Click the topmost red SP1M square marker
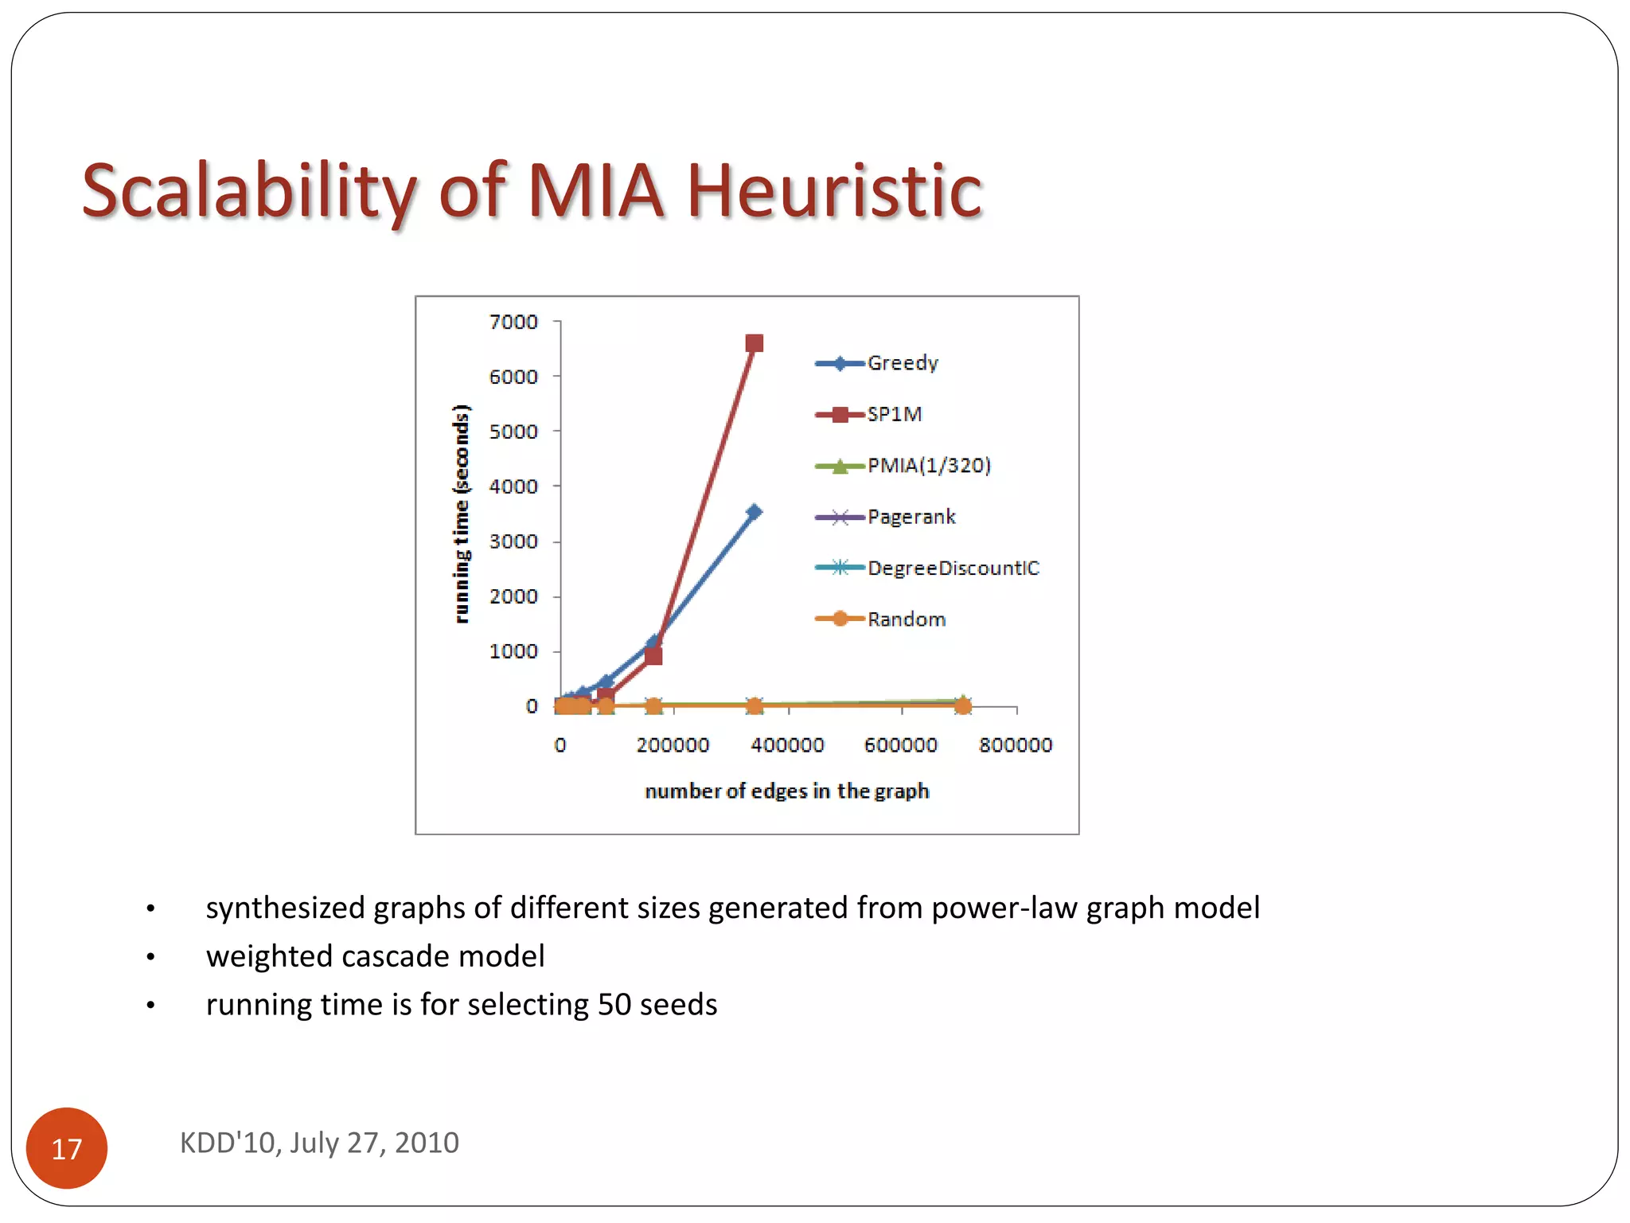click(755, 343)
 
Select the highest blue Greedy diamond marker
click(755, 512)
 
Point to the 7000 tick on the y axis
click(513, 322)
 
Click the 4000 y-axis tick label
click(513, 486)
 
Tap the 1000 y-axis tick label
click(513, 651)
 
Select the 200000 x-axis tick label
click(673, 745)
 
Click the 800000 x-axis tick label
click(1016, 745)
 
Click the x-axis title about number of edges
click(786, 791)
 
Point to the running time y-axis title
click(461, 514)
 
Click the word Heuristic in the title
click(834, 191)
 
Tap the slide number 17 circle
click(67, 1148)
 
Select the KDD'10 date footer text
click(319, 1143)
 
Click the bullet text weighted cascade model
click(375, 956)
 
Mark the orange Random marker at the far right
click(963, 705)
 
